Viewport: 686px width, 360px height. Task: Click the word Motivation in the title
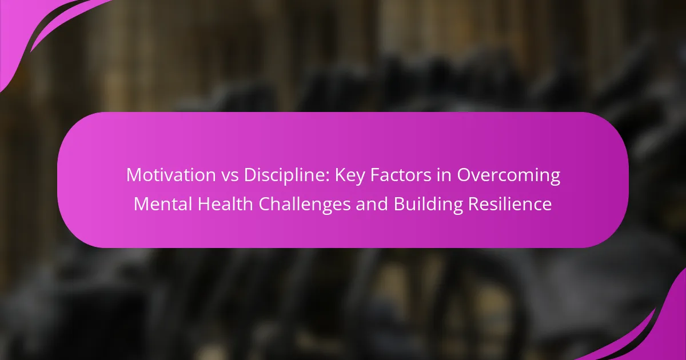click(171, 175)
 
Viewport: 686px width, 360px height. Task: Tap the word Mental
click(162, 204)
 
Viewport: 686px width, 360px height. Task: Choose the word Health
click(225, 204)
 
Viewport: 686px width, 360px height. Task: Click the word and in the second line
click(372, 204)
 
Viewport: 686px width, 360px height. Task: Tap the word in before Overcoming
click(444, 175)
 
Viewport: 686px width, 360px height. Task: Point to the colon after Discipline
click(328, 177)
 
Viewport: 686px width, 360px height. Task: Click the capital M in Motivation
click(134, 175)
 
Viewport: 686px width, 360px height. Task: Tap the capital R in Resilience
click(474, 204)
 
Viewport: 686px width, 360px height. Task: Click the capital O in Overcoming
click(464, 175)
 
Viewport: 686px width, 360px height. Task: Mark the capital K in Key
click(341, 175)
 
